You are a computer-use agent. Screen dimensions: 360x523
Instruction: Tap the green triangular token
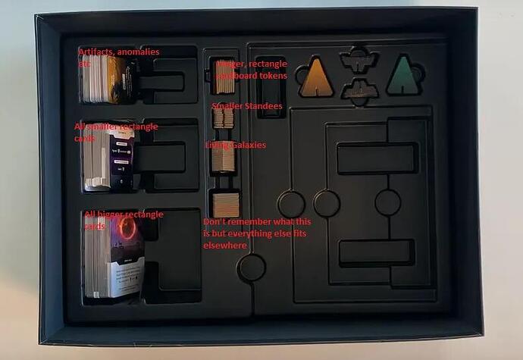(x=403, y=77)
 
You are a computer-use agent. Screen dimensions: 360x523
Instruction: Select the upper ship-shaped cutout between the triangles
(x=359, y=59)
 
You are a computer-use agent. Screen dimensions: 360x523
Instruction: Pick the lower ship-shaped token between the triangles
(x=359, y=91)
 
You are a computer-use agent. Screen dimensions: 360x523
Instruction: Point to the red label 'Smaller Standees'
(x=247, y=106)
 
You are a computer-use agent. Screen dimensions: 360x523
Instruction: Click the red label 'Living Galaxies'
(x=235, y=145)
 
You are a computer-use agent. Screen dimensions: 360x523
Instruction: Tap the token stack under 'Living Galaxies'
(x=224, y=159)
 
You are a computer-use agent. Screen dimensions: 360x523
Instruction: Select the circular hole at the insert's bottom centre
(x=252, y=267)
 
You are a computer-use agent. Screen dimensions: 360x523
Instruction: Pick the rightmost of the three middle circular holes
(x=387, y=202)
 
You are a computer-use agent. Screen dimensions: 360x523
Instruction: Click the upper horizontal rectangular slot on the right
(x=376, y=158)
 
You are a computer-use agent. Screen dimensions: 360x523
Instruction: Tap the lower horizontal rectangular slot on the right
(x=376, y=252)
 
